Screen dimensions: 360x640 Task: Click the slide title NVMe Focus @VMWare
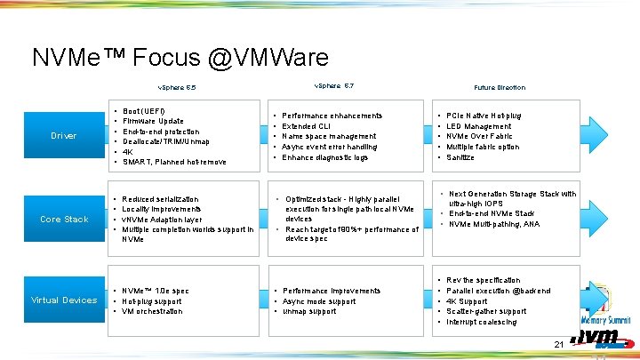pos(180,58)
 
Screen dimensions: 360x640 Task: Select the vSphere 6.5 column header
pos(176,87)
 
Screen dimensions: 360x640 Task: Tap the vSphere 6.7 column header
pos(334,85)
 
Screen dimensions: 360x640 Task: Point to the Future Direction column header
pos(499,87)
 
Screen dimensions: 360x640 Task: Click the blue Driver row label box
pos(64,136)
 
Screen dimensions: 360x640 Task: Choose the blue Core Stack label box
pos(64,219)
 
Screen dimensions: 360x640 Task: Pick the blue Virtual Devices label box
pos(64,300)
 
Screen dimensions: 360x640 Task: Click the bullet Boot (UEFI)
pos(144,111)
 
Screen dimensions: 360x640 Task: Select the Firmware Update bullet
pos(154,121)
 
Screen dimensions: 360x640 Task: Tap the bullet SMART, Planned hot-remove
pos(174,162)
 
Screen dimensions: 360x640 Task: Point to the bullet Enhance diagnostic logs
pos(324,157)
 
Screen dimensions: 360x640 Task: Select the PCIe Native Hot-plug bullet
pos(484,116)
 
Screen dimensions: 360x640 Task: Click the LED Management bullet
pos(480,126)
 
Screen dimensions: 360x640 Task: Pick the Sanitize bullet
pos(460,157)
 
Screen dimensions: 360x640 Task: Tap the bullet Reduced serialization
pos(161,198)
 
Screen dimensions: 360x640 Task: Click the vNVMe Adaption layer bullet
pos(163,219)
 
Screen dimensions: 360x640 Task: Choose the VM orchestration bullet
pos(152,311)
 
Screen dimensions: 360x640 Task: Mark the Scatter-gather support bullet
pos(486,311)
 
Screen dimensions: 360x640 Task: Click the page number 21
pos(559,344)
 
